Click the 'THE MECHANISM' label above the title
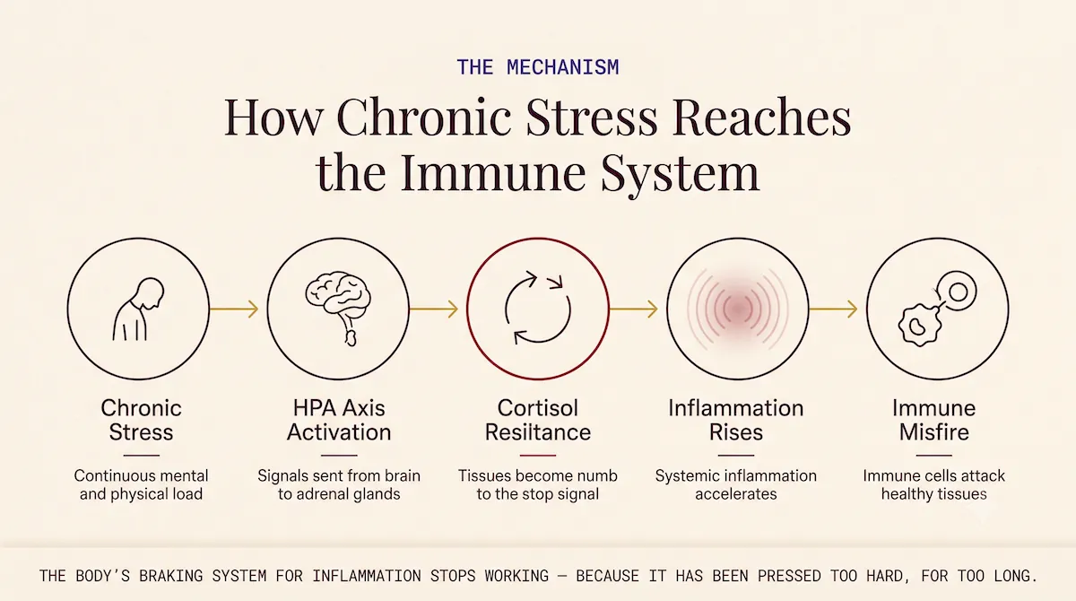click(537, 67)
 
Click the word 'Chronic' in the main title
click(423, 117)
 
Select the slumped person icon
click(138, 309)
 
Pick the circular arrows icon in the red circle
click(537, 308)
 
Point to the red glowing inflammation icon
click(737, 309)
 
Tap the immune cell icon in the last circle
click(937, 309)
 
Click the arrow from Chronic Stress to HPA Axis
click(234, 309)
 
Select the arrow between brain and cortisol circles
click(434, 309)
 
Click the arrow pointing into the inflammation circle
click(633, 309)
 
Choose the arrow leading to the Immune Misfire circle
click(833, 309)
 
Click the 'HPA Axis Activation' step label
click(339, 421)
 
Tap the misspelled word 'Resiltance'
click(537, 432)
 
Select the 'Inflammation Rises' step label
click(736, 421)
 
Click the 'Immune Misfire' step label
click(933, 421)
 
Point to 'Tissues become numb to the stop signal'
click(537, 484)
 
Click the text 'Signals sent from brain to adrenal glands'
click(339, 484)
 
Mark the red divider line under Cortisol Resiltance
click(537, 455)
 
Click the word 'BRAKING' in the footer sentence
click(170, 576)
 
